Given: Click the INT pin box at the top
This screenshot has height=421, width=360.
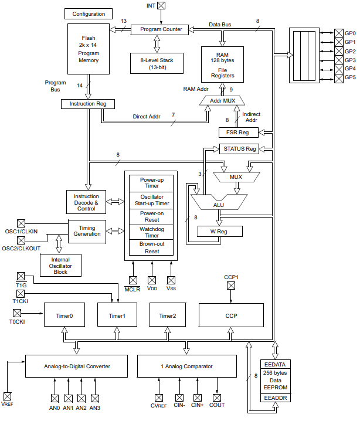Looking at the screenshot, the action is pyautogui.click(x=161, y=5).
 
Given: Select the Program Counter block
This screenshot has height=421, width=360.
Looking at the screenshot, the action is pyautogui.click(x=159, y=29).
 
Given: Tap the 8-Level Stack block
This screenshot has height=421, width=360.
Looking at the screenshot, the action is pyautogui.click(x=157, y=63).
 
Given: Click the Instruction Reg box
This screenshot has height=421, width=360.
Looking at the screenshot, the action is pyautogui.click(x=88, y=104).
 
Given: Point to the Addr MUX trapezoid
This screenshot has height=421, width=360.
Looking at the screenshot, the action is pyautogui.click(x=222, y=101).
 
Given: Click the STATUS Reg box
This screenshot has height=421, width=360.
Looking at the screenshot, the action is pyautogui.click(x=239, y=149).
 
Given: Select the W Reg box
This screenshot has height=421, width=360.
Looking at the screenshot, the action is pyautogui.click(x=220, y=232).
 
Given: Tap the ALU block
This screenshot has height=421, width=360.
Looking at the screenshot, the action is pyautogui.click(x=219, y=202).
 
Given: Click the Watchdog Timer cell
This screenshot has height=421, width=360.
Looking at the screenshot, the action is pyautogui.click(x=151, y=232).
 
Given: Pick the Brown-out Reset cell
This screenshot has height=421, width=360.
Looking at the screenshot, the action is pyautogui.click(x=151, y=247).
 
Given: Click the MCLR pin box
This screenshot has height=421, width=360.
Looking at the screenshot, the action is pyautogui.click(x=133, y=280).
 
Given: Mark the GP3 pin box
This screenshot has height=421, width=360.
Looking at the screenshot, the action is pyautogui.click(x=339, y=60).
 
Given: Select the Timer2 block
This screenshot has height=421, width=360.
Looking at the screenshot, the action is pyautogui.click(x=168, y=315).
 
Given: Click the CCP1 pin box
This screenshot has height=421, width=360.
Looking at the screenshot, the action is pyautogui.click(x=231, y=286).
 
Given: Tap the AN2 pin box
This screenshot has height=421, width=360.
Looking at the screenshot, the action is pyautogui.click(x=81, y=399).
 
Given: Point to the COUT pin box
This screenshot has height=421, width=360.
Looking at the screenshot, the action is pyautogui.click(x=217, y=398).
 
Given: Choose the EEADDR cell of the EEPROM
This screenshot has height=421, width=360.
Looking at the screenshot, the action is pyautogui.click(x=276, y=398).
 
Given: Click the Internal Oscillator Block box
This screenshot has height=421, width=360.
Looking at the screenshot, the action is pyautogui.click(x=60, y=265).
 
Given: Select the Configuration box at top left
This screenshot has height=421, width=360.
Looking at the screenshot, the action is pyautogui.click(x=89, y=14).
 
